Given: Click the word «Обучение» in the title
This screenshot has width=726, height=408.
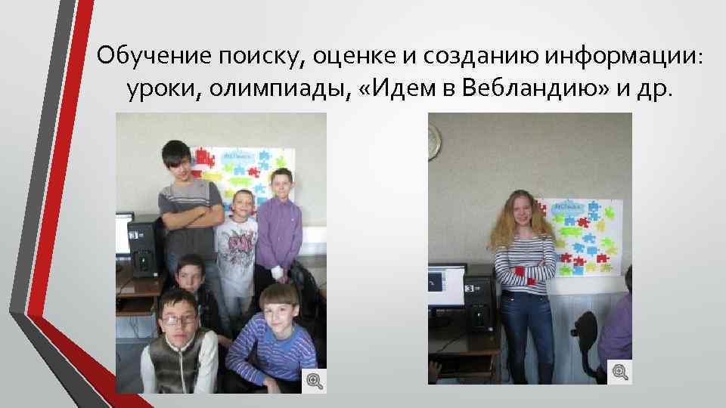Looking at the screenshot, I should click(x=154, y=54).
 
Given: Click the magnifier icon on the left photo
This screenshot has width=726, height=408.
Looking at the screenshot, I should click(x=313, y=380).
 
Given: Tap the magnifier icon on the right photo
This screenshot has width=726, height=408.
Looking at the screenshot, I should click(x=619, y=371).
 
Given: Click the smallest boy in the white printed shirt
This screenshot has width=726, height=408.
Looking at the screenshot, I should click(x=237, y=242).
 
